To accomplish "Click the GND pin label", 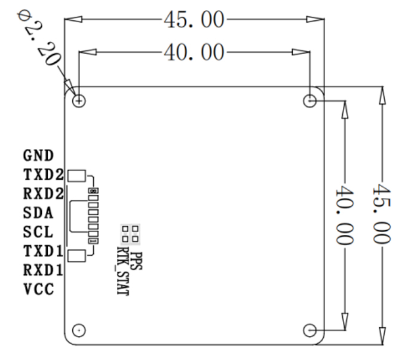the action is click(38, 155).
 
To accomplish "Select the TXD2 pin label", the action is click(44, 175).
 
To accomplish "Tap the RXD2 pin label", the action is click(44, 193).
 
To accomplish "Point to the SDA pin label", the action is click(38, 213).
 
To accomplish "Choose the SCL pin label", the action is click(38, 231).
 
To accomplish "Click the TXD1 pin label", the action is click(44, 251).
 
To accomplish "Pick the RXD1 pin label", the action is click(44, 270).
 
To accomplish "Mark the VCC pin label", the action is click(39, 289).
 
